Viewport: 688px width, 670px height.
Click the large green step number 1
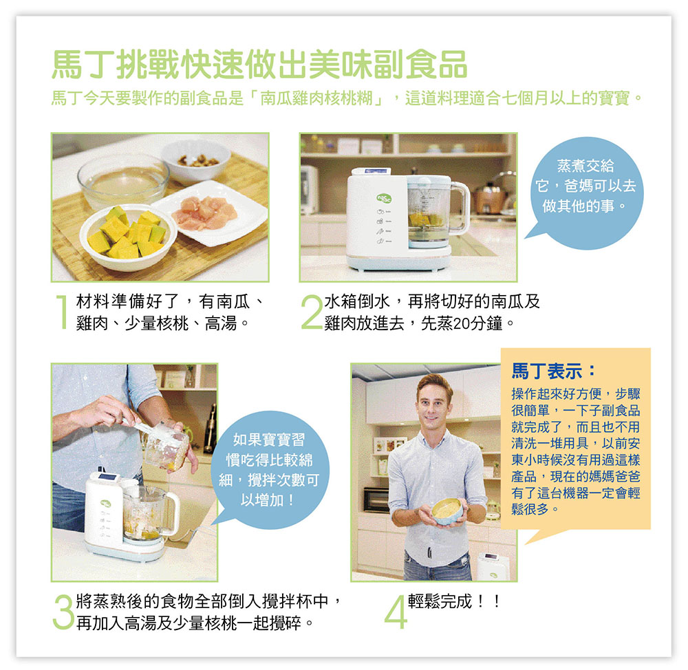[63, 312]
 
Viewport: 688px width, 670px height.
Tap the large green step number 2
[312, 312]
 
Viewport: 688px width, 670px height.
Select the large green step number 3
[63, 612]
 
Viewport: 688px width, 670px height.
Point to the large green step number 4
[396, 612]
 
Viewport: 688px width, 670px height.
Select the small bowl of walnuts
[195, 160]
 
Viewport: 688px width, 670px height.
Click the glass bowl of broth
[123, 180]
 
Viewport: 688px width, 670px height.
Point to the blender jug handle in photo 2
[462, 208]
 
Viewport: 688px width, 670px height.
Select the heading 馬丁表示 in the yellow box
[554, 371]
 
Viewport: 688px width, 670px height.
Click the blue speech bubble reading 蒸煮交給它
[584, 193]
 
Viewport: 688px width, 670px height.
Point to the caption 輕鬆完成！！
[454, 601]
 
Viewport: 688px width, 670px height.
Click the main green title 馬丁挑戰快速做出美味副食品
[259, 65]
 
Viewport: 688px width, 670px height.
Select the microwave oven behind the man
[376, 500]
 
